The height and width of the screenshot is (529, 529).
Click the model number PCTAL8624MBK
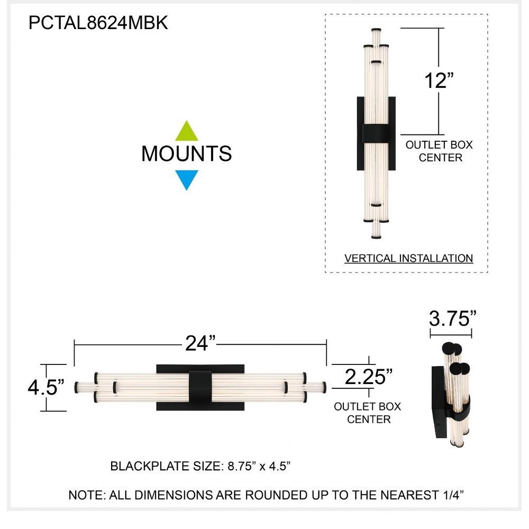tap(98, 23)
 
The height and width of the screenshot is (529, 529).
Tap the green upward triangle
tap(187, 132)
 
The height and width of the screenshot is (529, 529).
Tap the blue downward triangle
tap(187, 180)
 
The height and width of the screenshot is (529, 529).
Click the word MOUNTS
tap(187, 154)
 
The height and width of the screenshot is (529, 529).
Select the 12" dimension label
tap(439, 80)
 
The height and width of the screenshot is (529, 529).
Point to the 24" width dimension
tap(200, 343)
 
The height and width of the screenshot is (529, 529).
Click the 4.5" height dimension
tap(46, 387)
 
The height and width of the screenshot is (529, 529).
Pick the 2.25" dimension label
tap(369, 377)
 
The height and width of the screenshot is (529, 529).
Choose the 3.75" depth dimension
tap(452, 318)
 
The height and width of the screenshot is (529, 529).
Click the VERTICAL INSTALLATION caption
tap(408, 259)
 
